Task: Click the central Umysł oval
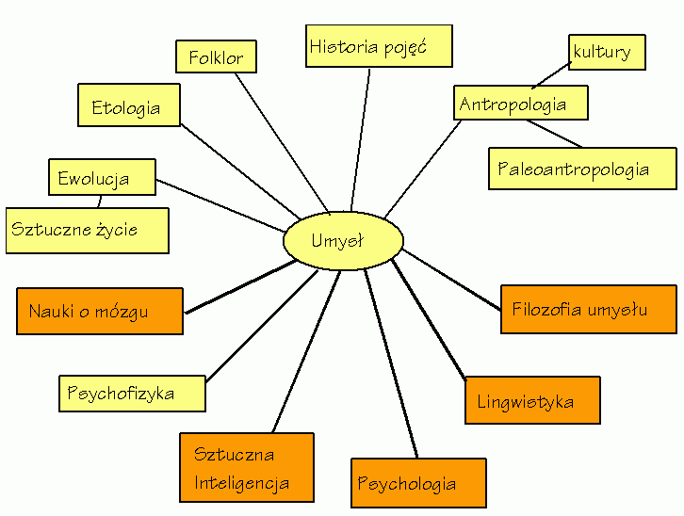pos(343,241)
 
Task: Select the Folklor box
pos(216,57)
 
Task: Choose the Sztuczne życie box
pos(87,230)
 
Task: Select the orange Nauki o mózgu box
pos(100,311)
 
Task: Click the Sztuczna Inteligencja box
pos(246,468)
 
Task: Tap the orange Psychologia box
pos(418,483)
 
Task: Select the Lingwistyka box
pos(532,400)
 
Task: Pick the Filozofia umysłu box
pos(589,309)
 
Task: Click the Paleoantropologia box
pos(581,169)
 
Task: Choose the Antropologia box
pos(520,103)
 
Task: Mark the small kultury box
pos(607,52)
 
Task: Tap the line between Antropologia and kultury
pos(551,76)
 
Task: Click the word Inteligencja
pos(241,484)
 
